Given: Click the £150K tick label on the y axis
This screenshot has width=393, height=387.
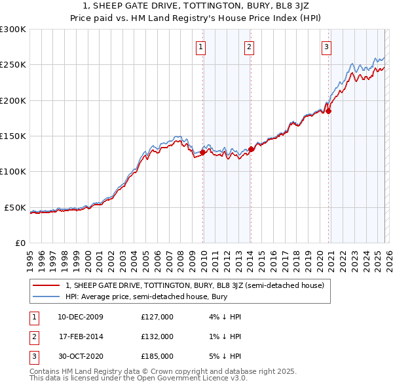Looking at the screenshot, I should [x=12, y=136].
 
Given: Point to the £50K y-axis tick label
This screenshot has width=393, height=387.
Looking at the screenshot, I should [x=14, y=207].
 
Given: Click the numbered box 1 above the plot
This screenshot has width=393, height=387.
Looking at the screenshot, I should [x=200, y=47].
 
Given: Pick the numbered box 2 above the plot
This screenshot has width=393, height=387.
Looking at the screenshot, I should [x=250, y=47].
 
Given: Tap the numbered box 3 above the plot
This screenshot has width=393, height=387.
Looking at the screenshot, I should [x=326, y=47].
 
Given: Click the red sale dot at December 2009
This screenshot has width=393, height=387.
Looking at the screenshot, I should [x=203, y=152].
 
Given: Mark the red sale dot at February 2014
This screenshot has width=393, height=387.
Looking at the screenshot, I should [x=251, y=149].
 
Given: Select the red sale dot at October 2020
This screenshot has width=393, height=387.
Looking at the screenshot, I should [x=329, y=112].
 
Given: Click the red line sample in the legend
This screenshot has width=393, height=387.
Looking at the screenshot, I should [x=46, y=285].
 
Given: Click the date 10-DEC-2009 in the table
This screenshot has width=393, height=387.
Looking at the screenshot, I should [x=81, y=317].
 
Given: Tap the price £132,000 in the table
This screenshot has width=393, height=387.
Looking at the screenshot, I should [x=157, y=336].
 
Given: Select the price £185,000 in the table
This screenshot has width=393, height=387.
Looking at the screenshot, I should [x=157, y=356].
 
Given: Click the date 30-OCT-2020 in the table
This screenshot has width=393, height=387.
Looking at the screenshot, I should [x=81, y=356].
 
